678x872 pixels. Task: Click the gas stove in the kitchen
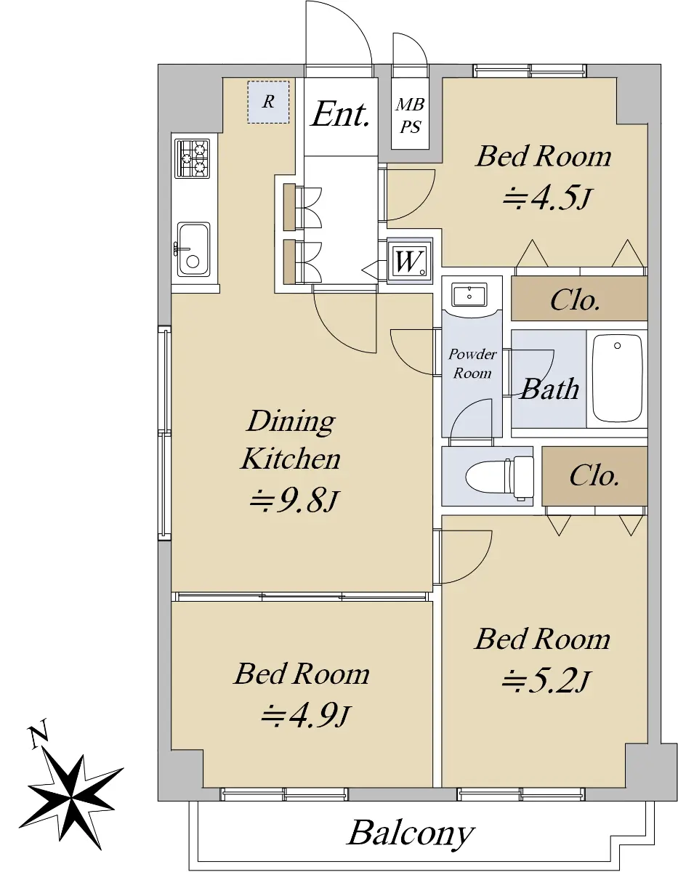coord(192,158)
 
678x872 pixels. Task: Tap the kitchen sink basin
coord(193,249)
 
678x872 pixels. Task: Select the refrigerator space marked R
coord(268,102)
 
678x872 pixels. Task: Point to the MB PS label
coord(410,116)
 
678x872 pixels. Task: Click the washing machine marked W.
coord(410,262)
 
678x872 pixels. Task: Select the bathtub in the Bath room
coord(617,378)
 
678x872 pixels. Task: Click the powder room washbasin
coord(469,294)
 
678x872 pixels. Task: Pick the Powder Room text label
coord(472,363)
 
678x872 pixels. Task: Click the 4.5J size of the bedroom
coord(546,198)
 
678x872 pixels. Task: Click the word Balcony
coord(411,833)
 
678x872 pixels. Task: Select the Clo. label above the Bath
coord(575,300)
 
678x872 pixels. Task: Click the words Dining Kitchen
coord(291,440)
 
